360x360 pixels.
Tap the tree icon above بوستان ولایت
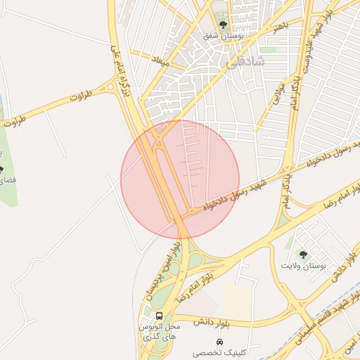tap(303, 255)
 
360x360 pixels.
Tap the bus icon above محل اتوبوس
tap(159, 316)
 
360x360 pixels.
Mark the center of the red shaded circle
tap(180, 180)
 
